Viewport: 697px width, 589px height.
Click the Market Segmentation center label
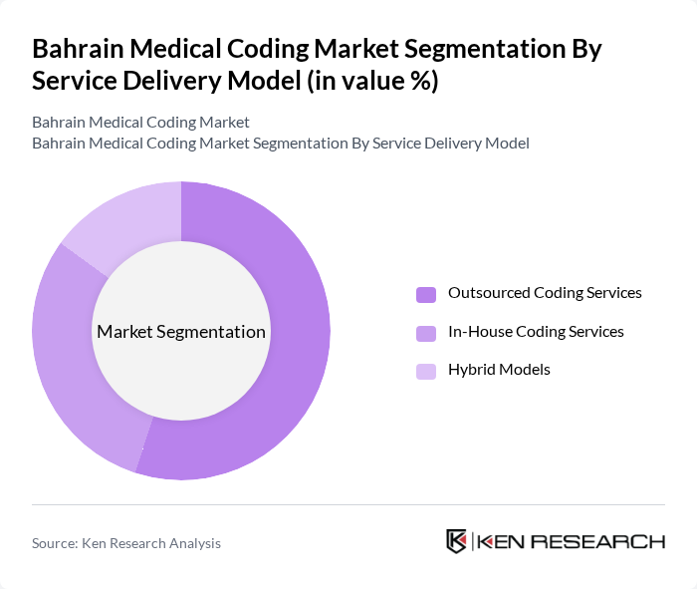pos(181,332)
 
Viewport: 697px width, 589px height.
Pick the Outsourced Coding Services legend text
pos(545,293)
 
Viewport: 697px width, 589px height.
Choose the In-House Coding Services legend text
pos(536,332)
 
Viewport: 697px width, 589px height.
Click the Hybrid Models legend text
pos(499,370)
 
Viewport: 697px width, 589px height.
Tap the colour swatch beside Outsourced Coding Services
pos(426,294)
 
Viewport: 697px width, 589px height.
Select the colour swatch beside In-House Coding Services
pos(426,333)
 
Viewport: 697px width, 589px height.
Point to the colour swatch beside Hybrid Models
pos(426,371)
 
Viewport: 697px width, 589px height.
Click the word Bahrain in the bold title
pos(81,49)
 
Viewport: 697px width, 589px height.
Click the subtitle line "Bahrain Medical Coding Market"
pos(140,123)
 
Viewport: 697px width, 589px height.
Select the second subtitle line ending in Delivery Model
pos(280,144)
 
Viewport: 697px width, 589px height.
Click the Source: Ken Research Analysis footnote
pos(126,543)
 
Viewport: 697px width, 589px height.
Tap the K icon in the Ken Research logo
pos(457,541)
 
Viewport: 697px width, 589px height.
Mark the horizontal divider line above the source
pos(348,504)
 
